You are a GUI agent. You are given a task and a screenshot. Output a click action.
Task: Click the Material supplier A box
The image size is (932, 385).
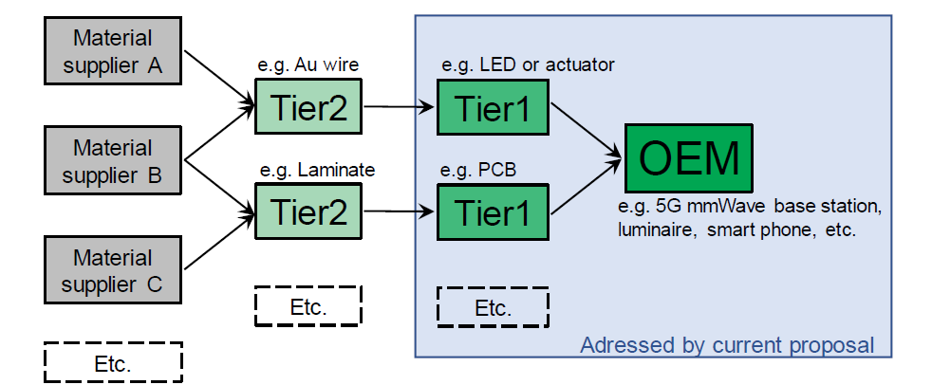pos(113,53)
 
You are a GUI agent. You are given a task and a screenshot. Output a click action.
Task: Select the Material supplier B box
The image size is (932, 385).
pos(113,162)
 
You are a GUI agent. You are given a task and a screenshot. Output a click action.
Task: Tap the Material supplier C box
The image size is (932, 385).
pos(113,271)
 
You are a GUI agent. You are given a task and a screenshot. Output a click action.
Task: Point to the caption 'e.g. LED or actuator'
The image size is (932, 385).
pos(528,65)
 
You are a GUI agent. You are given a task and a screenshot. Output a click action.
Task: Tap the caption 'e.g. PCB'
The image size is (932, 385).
pos(477,171)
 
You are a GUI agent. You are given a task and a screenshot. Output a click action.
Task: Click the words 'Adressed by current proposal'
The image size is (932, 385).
pos(726,344)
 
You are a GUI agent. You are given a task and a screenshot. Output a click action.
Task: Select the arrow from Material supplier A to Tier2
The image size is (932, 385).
pos(218,77)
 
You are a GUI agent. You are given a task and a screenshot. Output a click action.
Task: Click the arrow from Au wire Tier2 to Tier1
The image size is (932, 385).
pos(399,106)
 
